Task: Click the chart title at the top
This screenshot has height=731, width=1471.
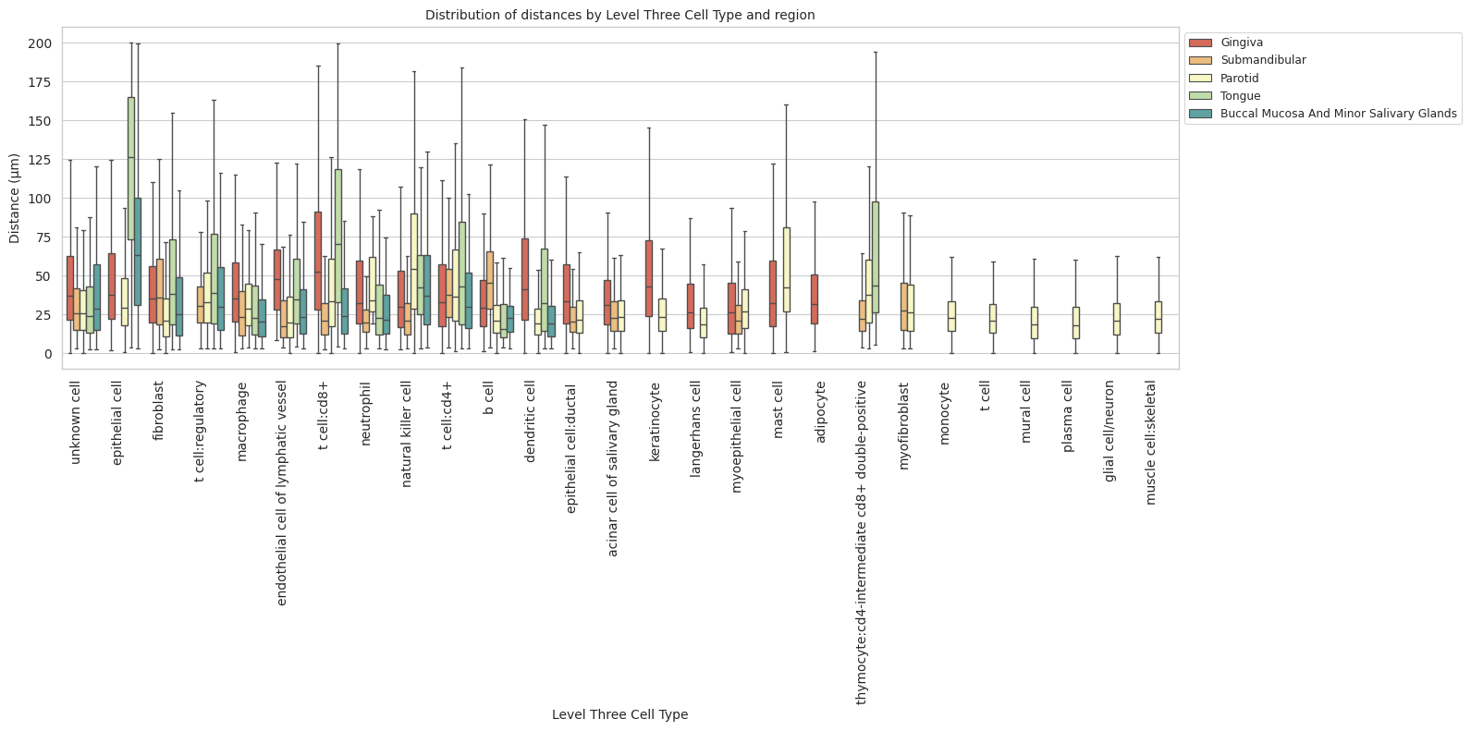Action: coord(619,15)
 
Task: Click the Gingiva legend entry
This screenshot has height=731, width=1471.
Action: coord(1241,43)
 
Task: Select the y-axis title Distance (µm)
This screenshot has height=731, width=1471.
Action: coord(14,199)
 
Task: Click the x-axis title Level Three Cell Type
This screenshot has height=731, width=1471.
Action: coord(619,714)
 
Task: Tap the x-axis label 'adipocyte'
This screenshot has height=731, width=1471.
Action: coord(820,412)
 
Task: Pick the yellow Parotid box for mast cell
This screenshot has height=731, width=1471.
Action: coord(787,269)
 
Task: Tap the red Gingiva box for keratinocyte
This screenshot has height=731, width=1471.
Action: coord(649,278)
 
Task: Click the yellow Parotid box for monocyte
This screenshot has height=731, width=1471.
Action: coord(951,316)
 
